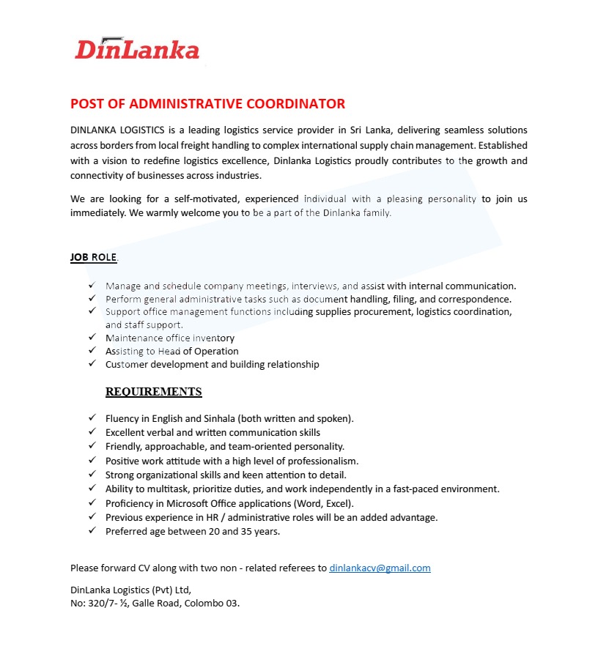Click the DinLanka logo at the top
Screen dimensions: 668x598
coord(137,49)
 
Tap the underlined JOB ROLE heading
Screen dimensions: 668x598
coord(93,257)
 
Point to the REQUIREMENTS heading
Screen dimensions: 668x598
coord(153,391)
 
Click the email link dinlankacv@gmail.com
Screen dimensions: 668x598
coord(380,568)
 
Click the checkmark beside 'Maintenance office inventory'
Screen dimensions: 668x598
coord(92,338)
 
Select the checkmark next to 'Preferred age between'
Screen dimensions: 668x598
coord(92,531)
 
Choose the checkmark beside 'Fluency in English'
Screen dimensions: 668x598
coord(92,418)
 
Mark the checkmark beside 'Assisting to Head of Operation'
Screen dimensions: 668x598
coord(92,351)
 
